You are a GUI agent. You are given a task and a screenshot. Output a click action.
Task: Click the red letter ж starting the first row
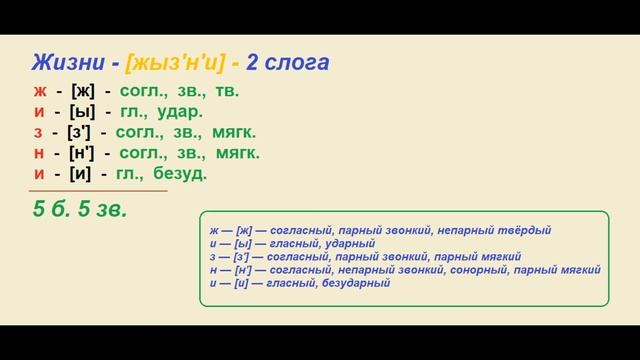coord(38,91)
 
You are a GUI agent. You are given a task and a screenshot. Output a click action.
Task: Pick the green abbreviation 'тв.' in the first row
coord(227,91)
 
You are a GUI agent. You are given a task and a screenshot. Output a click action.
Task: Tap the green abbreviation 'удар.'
coord(182,112)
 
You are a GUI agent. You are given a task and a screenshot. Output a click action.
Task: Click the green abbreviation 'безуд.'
coord(181,174)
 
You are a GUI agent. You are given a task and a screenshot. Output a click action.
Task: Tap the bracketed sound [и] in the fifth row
coord(82,174)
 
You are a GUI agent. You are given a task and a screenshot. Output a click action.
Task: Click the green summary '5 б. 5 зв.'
coord(81,210)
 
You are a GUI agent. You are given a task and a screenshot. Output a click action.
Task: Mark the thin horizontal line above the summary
coord(98,190)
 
